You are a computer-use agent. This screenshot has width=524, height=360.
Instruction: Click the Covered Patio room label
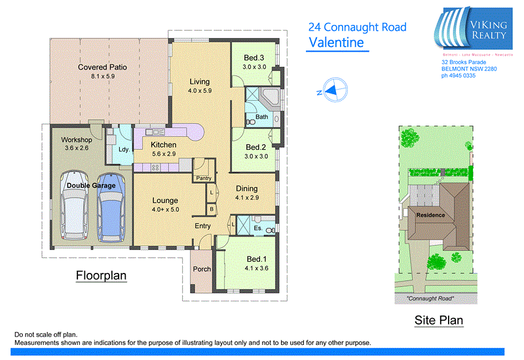tap(102, 67)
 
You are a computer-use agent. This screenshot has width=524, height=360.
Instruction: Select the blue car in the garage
tap(111, 206)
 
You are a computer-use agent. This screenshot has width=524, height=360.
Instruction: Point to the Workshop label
tap(75, 139)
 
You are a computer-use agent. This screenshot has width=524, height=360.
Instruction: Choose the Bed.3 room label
tap(253, 58)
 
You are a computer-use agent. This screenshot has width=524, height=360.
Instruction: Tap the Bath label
tap(262, 117)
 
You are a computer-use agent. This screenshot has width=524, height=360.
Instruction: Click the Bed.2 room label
tap(254, 148)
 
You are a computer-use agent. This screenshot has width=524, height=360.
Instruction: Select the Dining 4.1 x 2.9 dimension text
tap(248, 197)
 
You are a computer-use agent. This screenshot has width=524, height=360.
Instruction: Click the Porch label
tap(201, 269)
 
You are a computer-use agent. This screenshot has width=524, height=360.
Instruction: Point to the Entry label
tap(202, 226)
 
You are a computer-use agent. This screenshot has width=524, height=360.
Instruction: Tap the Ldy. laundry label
tap(123, 149)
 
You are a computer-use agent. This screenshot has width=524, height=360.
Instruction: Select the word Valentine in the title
tap(336, 43)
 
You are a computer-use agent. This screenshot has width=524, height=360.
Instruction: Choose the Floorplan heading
tap(101, 276)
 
